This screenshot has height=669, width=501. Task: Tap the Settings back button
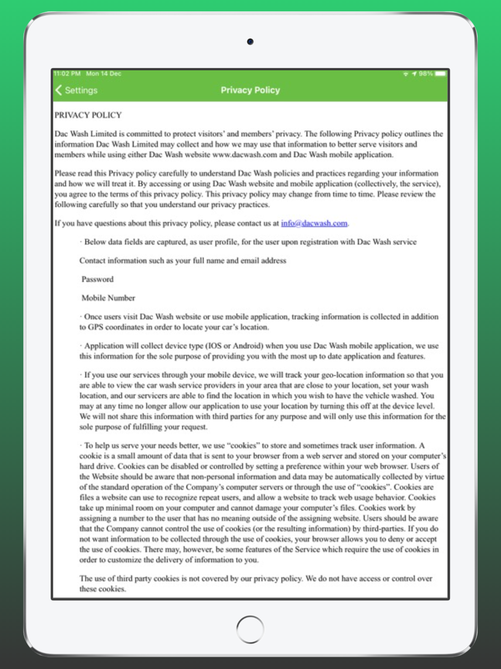(77, 90)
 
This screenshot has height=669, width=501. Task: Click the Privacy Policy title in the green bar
(250, 90)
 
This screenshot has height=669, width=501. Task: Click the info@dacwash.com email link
(314, 223)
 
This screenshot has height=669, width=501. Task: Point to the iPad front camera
(250, 42)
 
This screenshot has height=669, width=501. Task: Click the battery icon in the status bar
(440, 74)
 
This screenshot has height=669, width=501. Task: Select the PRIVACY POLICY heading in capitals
(88, 115)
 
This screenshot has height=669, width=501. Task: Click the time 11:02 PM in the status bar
(68, 74)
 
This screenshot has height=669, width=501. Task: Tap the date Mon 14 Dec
(104, 74)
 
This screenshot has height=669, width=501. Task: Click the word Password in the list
(98, 279)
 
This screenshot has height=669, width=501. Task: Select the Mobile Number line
(108, 298)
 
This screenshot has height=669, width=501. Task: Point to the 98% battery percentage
(425, 74)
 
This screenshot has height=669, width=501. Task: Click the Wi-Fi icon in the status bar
(406, 74)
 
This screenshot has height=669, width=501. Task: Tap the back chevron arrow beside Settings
(59, 90)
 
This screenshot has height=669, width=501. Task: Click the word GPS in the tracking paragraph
(96, 327)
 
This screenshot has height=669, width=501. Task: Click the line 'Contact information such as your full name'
(183, 261)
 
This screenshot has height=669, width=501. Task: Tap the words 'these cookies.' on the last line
(103, 589)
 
